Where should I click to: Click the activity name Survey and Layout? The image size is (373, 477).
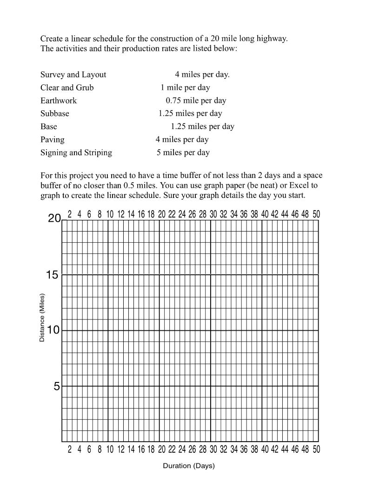(x=73, y=75)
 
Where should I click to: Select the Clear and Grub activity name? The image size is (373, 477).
(x=67, y=88)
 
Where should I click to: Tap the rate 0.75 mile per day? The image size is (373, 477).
(x=196, y=101)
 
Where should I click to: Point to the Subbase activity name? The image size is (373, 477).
(x=54, y=114)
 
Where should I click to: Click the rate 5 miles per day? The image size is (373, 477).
(x=183, y=153)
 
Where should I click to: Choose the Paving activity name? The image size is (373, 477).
(x=53, y=140)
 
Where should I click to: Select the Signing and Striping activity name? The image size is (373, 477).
(x=76, y=153)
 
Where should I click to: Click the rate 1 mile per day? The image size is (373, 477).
(x=185, y=88)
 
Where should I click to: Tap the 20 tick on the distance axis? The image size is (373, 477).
(x=54, y=218)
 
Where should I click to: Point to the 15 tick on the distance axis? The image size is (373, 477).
(x=52, y=275)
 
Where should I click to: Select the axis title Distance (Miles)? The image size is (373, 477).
(x=42, y=318)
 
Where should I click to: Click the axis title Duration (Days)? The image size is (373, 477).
(x=188, y=466)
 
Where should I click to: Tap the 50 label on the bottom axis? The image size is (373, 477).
(x=316, y=450)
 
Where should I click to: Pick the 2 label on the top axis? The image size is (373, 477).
(x=70, y=214)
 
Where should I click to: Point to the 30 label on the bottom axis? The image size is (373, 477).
(x=213, y=450)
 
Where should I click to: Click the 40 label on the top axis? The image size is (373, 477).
(x=265, y=214)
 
